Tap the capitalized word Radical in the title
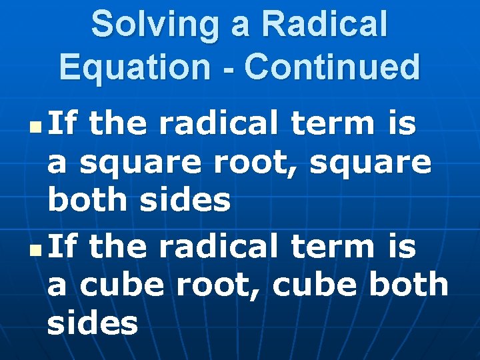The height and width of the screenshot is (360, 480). coord(325,24)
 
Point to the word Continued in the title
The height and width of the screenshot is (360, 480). coord(333,67)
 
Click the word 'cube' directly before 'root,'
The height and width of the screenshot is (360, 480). coord(119,285)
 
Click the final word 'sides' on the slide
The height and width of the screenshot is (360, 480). coord(93,323)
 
